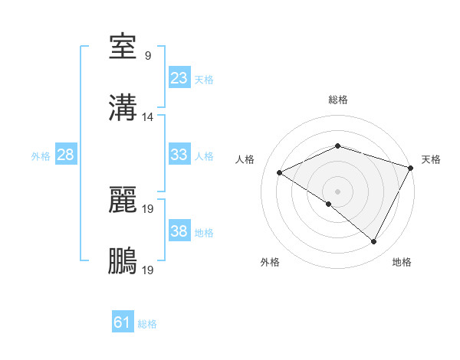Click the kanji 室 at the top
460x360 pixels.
tap(123, 47)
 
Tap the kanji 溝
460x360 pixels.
tap(123, 108)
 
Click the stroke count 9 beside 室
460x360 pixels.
tap(148, 56)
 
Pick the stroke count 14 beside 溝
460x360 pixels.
tap(148, 117)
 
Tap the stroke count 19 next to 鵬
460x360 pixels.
tap(148, 270)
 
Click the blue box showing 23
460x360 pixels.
tap(179, 78)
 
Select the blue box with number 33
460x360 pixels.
tap(179, 155)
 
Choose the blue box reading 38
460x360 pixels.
tap(179, 231)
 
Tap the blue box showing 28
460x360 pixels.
tap(65, 155)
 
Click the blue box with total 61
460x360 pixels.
tap(122, 322)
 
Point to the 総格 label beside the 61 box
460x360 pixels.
tap(147, 324)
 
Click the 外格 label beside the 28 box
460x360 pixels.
tap(41, 155)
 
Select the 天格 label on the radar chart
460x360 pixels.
tap(431, 159)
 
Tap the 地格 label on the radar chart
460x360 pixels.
tap(402, 262)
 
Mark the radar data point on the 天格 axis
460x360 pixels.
tap(411, 168)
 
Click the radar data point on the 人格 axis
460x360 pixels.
tap(280, 172)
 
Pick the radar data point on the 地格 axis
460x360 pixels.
tap(374, 242)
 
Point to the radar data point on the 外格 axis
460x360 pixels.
tap(329, 204)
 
